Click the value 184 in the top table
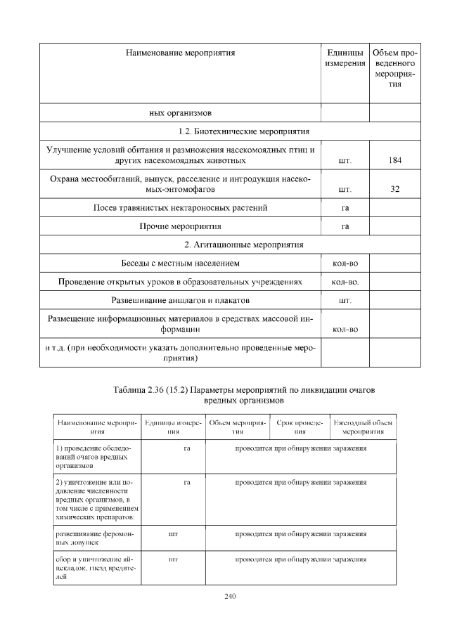tap(394, 160)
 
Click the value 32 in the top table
tap(394, 189)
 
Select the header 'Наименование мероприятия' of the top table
tap(180, 53)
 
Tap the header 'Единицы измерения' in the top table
tap(345, 58)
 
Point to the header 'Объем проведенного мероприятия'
tap(394, 68)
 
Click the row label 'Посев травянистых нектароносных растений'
tap(180, 208)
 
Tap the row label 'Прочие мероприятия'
tap(180, 226)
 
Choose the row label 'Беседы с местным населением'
tap(180, 264)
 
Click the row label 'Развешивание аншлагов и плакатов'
tap(180, 301)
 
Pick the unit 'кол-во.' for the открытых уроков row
tap(345, 283)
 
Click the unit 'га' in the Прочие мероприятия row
tap(345, 226)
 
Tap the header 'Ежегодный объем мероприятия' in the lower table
tap(363, 427)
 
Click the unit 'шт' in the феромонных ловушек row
tap(173, 535)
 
